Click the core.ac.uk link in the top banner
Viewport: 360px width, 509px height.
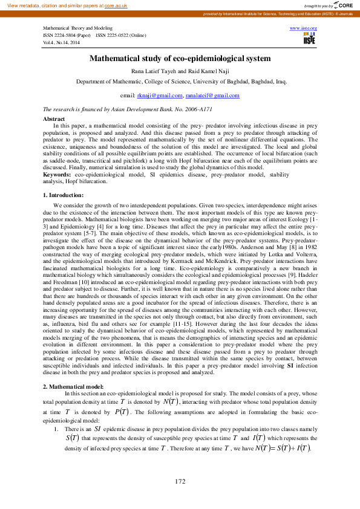pyautogui.click(x=116, y=5)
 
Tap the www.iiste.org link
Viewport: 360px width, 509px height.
pyautogui.click(x=304, y=28)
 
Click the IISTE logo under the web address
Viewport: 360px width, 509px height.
pyautogui.click(x=309, y=39)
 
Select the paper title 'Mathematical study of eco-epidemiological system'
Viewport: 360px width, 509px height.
pyautogui.click(x=180, y=59)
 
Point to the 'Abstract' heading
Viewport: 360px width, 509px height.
pyautogui.click(x=54, y=120)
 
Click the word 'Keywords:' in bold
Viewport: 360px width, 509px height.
pyautogui.click(x=58, y=156)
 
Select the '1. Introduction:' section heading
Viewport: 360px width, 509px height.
pyautogui.click(x=64, y=178)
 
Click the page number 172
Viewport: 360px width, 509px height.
pyautogui.click(x=180, y=481)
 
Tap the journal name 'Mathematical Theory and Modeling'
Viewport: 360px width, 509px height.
pyautogui.click(x=77, y=28)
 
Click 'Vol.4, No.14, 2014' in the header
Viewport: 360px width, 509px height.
pyautogui.click(x=61, y=43)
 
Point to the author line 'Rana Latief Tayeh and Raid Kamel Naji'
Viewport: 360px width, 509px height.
pyautogui.click(x=180, y=71)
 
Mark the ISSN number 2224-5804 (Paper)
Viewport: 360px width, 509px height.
pyautogui.click(x=67, y=36)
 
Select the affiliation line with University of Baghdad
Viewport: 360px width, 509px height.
pyautogui.click(x=180, y=81)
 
